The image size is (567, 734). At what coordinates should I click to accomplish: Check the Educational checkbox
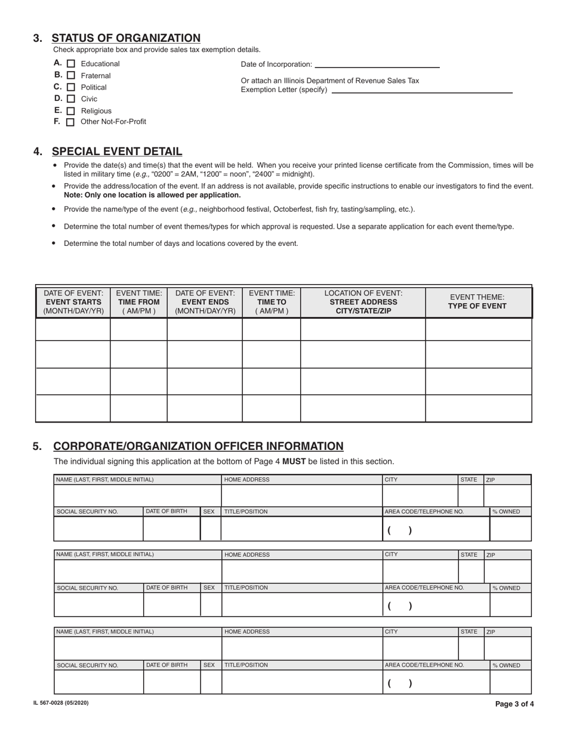coord(71,64)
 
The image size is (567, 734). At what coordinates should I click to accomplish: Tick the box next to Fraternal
coord(71,76)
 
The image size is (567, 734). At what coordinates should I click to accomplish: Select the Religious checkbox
coord(71,111)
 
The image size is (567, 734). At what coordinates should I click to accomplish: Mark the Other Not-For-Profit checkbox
coord(70,122)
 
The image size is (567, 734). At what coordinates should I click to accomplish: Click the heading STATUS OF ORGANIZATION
coord(126,38)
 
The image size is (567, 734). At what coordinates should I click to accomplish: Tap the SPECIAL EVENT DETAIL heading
coord(117,152)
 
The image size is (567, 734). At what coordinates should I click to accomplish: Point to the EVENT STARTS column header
coord(73,302)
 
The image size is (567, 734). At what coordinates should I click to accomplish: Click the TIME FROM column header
coord(138,302)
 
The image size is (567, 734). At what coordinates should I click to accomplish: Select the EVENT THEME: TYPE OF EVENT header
coord(477,302)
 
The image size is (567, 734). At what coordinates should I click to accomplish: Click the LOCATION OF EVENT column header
coord(363,302)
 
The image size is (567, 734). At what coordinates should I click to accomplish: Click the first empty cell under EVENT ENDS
coord(204,329)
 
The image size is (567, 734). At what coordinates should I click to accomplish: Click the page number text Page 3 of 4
coord(514,704)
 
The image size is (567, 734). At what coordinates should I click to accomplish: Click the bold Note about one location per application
coord(152,195)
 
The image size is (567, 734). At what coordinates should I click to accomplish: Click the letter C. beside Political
coord(58,87)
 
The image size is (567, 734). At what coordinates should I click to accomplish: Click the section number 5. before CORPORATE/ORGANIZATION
coord(38,446)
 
